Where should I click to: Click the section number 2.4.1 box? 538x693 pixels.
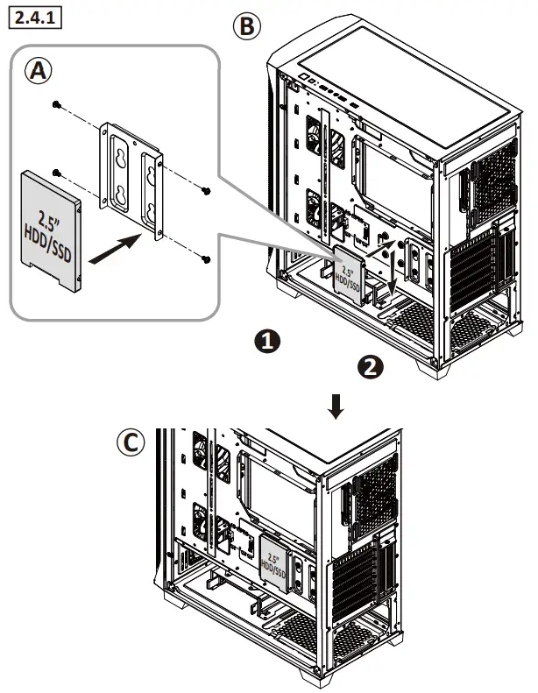[33, 18]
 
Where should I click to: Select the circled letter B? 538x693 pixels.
[247, 27]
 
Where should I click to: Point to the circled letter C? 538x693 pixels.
[131, 443]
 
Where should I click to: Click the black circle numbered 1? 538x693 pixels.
[267, 342]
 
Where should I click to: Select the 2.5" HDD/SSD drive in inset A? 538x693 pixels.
[50, 228]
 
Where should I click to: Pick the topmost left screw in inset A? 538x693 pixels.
[57, 105]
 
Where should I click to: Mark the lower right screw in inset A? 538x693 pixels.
[204, 258]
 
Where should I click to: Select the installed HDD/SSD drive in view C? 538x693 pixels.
[273, 561]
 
